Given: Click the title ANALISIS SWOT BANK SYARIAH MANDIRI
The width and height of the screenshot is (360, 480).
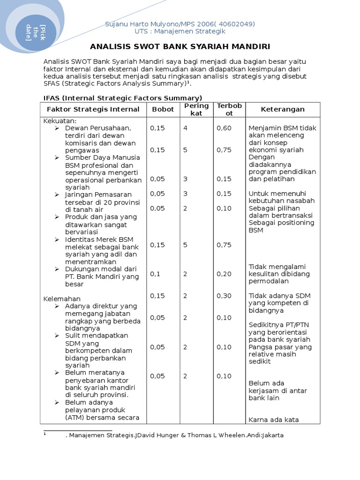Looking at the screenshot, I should [180, 47].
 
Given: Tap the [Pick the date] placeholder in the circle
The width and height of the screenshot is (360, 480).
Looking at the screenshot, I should [35, 32].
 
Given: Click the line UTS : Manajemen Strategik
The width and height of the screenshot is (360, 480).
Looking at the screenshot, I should [180, 31].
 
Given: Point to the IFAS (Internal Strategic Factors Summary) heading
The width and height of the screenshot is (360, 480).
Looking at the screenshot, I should [123, 98].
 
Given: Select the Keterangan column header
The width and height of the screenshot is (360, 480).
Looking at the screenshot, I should [283, 109].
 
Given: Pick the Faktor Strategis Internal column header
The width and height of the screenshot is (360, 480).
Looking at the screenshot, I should [93, 109].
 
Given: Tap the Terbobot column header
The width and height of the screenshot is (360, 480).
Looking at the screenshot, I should [229, 109].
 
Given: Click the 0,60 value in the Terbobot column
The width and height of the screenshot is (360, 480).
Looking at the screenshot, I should [224, 128].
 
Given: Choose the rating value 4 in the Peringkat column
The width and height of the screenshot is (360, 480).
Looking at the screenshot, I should [185, 128].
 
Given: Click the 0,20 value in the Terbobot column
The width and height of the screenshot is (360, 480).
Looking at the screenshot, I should [224, 274].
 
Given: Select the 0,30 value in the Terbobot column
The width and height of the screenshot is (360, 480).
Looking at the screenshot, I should [224, 296].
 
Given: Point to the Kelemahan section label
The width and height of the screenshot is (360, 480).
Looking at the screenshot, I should [62, 299].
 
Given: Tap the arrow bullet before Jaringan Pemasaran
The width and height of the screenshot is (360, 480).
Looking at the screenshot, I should [57, 195].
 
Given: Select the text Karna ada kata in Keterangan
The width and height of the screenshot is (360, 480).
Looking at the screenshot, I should [273, 420].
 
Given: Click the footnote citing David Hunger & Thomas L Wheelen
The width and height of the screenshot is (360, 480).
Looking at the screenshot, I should [174, 435].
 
